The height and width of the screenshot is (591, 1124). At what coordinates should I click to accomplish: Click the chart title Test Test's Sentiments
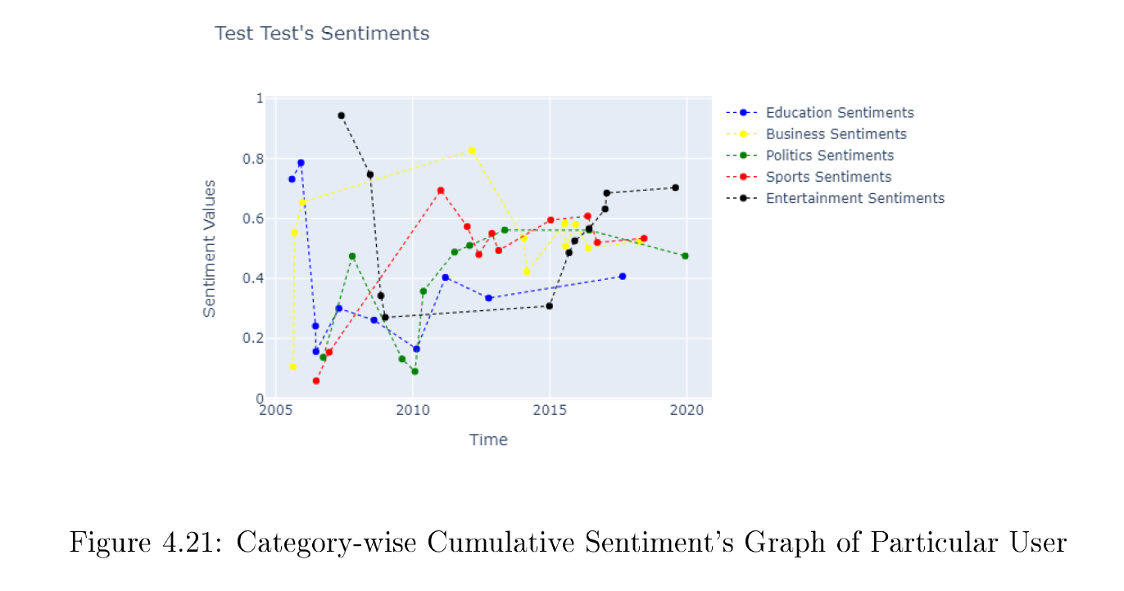(322, 34)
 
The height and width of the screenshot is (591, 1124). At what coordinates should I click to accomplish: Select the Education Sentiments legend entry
(840, 113)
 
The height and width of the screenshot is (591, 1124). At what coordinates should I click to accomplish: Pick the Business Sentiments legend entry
(836, 134)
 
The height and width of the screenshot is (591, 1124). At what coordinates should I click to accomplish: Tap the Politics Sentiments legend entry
(830, 156)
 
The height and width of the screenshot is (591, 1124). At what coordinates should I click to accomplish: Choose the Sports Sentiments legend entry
(828, 177)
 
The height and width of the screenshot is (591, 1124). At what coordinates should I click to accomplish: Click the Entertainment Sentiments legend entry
(854, 198)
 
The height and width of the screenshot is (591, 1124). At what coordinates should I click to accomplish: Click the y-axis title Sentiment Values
(210, 249)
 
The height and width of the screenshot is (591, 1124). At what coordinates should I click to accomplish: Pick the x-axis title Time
(488, 440)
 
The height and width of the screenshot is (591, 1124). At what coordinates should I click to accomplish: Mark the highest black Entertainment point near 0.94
(341, 115)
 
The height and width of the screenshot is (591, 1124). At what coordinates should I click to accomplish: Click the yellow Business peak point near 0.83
(471, 151)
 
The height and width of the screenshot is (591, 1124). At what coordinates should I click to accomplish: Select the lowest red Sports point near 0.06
(316, 381)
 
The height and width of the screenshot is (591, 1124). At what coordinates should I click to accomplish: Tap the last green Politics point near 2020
(685, 256)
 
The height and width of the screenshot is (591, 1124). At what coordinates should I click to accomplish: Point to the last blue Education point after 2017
(623, 277)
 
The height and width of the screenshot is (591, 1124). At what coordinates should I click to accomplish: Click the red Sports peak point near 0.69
(441, 191)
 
